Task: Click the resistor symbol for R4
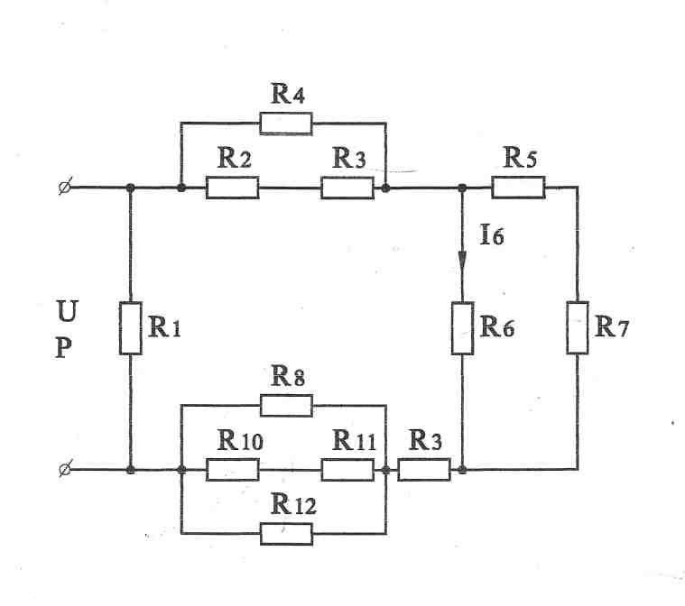point(286,124)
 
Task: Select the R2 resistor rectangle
point(233,188)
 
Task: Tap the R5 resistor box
point(519,188)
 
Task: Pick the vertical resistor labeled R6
point(462,328)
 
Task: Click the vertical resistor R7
point(578,327)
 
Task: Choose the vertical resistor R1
point(131,328)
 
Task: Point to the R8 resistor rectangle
point(286,406)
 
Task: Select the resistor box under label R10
point(233,470)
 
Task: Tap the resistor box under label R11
point(347,470)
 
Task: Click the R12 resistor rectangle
point(286,534)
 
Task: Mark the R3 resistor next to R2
point(347,188)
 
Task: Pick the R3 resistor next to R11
point(424,470)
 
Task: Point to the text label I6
point(492,234)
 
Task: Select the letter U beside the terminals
point(68,311)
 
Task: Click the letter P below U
point(64,348)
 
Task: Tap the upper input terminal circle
point(65,188)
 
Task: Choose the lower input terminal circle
point(65,470)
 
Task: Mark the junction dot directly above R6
point(462,188)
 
